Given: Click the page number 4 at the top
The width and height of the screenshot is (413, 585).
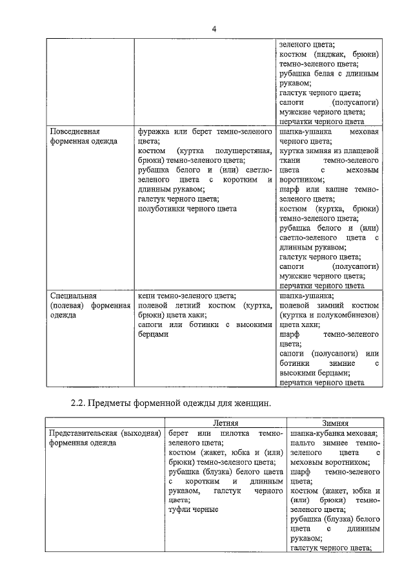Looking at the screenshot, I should point(214,28).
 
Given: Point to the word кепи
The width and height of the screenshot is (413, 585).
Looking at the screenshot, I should point(146,295).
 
